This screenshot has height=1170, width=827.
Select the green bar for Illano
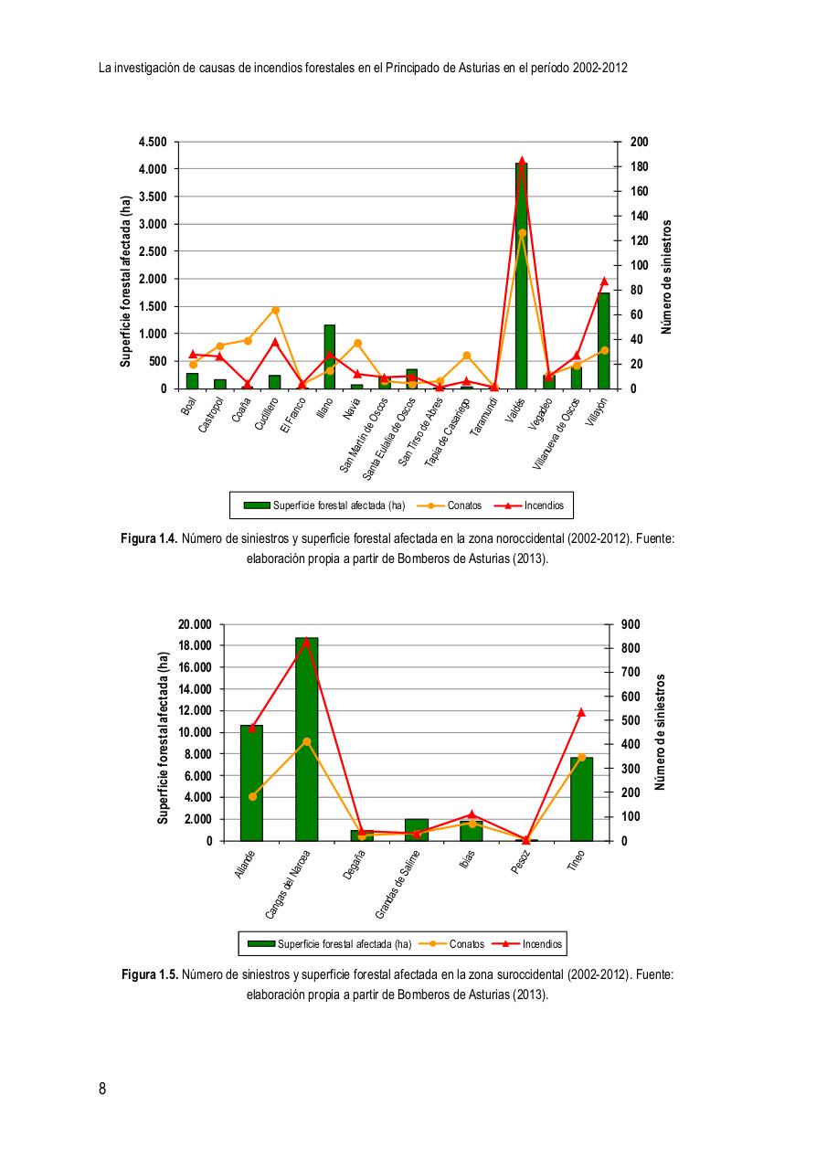point(329,356)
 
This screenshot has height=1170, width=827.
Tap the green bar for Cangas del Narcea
point(306,740)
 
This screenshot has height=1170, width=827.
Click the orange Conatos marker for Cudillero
point(275,310)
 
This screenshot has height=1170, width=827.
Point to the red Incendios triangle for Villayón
point(604,282)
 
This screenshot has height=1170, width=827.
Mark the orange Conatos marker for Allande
point(252,796)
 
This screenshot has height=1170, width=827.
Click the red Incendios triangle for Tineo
point(581,712)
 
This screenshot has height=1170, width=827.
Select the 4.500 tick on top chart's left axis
point(153,142)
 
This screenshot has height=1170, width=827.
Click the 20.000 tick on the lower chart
point(195,624)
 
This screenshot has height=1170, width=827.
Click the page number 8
point(102,1089)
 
